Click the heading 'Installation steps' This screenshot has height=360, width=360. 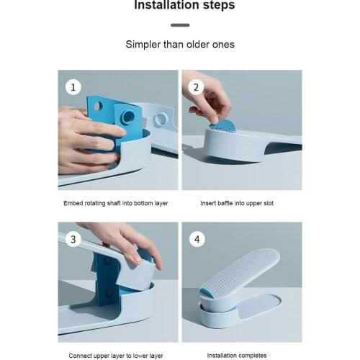pyautogui.click(x=179, y=6)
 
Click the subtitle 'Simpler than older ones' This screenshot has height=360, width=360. pyautogui.click(x=180, y=45)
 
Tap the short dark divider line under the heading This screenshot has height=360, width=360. pyautogui.click(x=180, y=25)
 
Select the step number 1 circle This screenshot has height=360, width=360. pyautogui.click(x=73, y=87)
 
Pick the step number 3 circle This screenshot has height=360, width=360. pyautogui.click(x=73, y=239)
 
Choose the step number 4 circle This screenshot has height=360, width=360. pyautogui.click(x=197, y=239)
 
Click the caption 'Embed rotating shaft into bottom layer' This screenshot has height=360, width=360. pyautogui.click(x=116, y=204)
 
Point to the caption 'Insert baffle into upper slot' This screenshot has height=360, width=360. pyautogui.click(x=237, y=204)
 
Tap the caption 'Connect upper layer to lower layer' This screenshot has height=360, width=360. pyautogui.click(x=116, y=356)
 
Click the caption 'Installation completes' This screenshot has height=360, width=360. pyautogui.click(x=237, y=356)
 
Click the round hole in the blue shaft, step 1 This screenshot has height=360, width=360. pyautogui.click(x=128, y=117)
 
